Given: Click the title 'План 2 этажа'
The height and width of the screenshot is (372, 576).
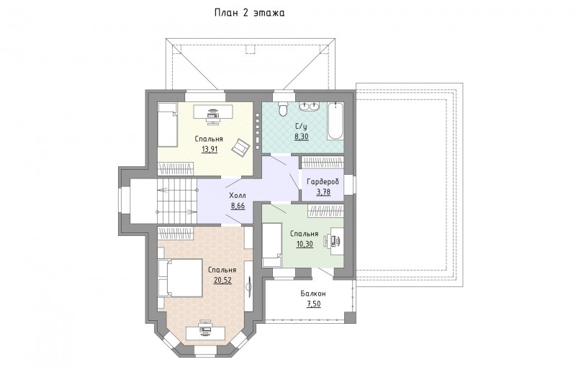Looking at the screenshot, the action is [x=250, y=13].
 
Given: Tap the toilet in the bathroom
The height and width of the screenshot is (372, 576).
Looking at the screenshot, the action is [x=284, y=109].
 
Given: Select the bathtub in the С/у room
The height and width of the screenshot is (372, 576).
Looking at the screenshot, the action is [x=336, y=121].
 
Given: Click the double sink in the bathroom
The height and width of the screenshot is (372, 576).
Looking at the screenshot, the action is [x=310, y=106].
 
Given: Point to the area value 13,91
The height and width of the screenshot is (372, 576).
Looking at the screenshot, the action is [x=209, y=149].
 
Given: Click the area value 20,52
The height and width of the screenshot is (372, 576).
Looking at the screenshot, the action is [x=222, y=280].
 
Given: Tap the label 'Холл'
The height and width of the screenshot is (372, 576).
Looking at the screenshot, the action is [x=238, y=195].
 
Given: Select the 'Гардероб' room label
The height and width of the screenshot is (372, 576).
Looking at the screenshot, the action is [x=323, y=182].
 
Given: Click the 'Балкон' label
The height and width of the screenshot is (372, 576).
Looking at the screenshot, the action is [x=313, y=294].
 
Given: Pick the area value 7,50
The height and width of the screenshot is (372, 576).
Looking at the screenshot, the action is [x=313, y=304].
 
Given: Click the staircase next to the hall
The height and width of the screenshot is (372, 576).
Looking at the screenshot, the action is [x=177, y=201].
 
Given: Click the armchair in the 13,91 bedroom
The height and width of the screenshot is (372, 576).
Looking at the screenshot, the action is [x=240, y=147].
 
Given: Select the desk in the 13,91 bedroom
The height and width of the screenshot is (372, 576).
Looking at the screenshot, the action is [x=213, y=112].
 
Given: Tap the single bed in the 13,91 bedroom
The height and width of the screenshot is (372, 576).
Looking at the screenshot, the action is [x=168, y=125].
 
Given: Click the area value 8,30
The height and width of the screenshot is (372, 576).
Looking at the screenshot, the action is [x=301, y=137].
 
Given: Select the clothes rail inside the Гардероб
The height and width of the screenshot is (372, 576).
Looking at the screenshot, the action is [x=322, y=163].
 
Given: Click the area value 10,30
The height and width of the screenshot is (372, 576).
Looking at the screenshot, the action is [x=305, y=244].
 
